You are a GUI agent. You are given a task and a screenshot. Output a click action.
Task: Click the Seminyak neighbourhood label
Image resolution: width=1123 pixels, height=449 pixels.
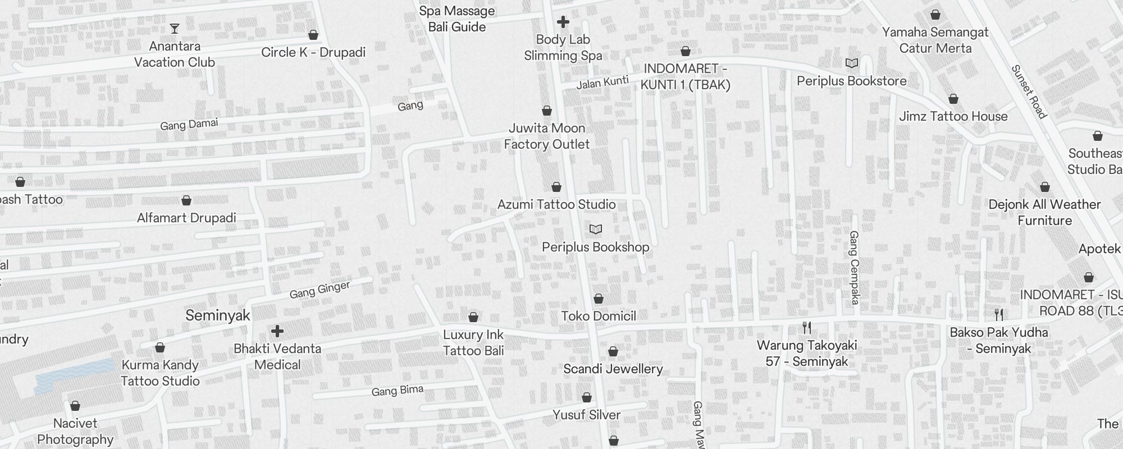(218, 315)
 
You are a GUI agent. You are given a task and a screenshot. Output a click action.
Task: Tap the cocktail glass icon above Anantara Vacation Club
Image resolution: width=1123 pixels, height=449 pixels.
(175, 29)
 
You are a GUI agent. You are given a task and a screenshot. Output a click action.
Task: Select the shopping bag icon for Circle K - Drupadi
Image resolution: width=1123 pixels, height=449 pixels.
(313, 35)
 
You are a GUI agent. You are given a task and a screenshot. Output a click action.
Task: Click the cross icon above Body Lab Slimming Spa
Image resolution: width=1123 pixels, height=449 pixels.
(563, 22)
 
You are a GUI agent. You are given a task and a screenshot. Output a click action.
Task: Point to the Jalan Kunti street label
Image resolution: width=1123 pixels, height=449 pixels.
(602, 83)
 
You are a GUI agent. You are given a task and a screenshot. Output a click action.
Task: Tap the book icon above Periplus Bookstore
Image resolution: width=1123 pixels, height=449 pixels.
(852, 63)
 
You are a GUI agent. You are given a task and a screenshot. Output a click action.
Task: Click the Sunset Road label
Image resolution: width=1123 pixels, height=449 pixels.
(1029, 92)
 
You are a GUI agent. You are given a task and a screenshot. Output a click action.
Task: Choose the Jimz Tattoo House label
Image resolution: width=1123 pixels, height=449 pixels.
(953, 117)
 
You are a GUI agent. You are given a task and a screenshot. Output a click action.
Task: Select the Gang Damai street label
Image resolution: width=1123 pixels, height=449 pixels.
(189, 124)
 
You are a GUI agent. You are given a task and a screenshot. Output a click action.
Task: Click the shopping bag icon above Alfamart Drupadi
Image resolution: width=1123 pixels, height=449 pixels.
(186, 200)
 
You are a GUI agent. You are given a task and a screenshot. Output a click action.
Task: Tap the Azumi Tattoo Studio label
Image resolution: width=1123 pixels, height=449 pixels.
(556, 205)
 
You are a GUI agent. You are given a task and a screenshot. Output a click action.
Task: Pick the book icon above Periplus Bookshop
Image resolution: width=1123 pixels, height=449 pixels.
(595, 229)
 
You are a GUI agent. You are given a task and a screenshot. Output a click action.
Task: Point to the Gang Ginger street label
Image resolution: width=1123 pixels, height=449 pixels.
(319, 290)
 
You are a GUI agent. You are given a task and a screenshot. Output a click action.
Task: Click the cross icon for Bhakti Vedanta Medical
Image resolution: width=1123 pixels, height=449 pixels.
(277, 331)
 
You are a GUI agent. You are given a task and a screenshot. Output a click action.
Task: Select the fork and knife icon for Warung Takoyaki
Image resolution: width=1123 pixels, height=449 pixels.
(807, 327)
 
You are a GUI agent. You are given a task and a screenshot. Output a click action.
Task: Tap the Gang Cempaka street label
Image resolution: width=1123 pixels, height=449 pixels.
(854, 267)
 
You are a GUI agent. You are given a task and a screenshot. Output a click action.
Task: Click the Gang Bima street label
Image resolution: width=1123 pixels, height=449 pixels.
(397, 391)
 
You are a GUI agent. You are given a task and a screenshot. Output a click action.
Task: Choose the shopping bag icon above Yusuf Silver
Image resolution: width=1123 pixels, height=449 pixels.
(587, 397)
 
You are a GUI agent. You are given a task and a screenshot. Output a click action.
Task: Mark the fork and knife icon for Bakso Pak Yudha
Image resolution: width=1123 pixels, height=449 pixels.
(998, 314)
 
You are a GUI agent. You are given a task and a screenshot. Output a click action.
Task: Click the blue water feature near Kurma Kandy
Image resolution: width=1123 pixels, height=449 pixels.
(73, 374)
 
